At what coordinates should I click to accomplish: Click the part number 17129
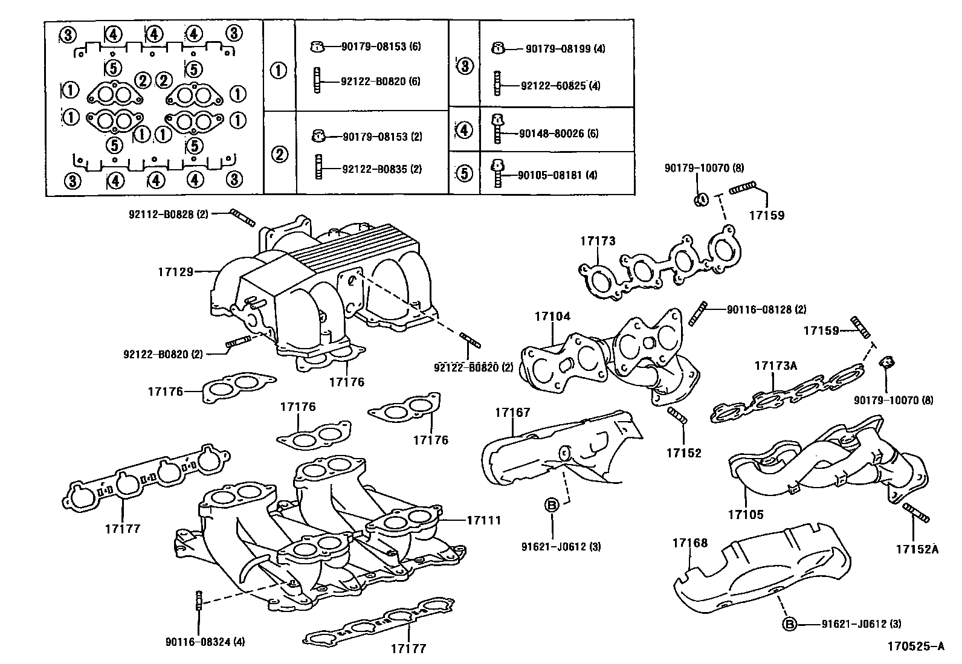coord(175,272)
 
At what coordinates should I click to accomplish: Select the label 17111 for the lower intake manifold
coord(483,520)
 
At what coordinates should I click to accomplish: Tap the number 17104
coord(552,317)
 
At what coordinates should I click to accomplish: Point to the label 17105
coord(745,515)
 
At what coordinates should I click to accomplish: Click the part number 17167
coord(512,413)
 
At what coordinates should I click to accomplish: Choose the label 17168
coord(689,543)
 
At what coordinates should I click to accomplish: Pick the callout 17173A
coord(775,366)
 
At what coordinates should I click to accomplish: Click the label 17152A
coord(917,549)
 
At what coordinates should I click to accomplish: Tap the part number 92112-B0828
coord(161,214)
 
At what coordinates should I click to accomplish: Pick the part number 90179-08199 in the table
coord(557,49)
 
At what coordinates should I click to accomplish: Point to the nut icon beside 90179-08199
coord(499,48)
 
